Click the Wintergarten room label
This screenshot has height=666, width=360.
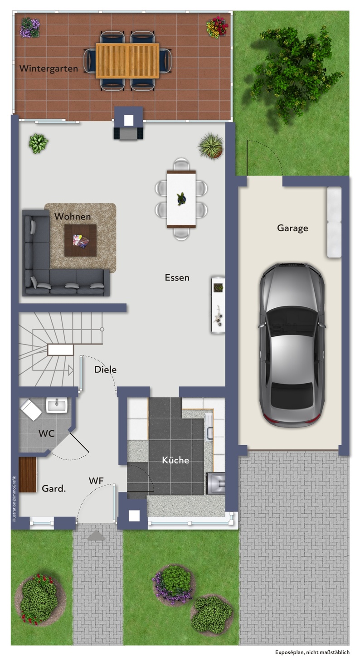tap(49, 68)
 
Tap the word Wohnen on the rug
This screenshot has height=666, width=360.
tap(73, 216)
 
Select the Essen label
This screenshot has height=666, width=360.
tap(177, 277)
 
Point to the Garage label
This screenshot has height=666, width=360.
tap(292, 228)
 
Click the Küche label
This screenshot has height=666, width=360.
tap(175, 460)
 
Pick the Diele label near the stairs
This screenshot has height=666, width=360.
tap(105, 369)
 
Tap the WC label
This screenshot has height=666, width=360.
tap(47, 433)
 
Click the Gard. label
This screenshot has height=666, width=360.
tap(54, 488)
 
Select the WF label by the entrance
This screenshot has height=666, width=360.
tap(96, 481)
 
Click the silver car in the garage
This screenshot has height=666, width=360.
tap(292, 345)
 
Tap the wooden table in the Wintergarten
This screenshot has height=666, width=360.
tap(127, 61)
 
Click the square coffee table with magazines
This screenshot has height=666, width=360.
tap(81, 240)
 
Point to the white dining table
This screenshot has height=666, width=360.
tap(181, 199)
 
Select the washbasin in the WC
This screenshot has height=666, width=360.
tap(57, 406)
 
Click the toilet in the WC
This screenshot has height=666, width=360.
tap(31, 410)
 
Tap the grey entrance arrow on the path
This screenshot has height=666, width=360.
tap(97, 535)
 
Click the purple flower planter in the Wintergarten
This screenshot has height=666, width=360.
tap(30, 28)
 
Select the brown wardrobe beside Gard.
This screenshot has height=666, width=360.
tap(28, 475)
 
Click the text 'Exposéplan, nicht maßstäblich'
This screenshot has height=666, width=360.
tap(312, 652)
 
